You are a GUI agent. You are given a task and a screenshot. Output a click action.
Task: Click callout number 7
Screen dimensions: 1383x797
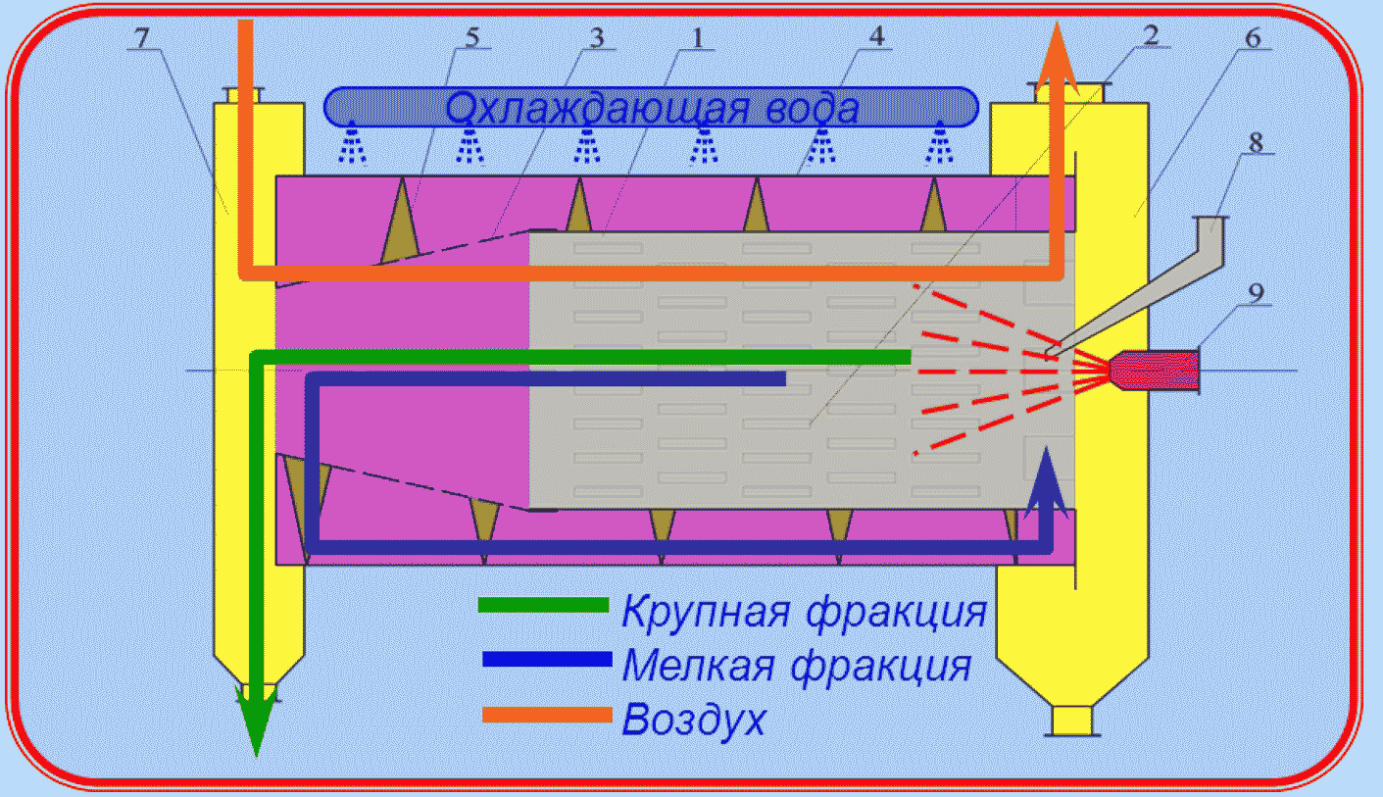tap(142, 38)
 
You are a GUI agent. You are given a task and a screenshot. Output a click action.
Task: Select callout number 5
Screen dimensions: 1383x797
tap(471, 37)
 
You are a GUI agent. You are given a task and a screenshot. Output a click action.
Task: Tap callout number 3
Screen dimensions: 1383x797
tap(596, 38)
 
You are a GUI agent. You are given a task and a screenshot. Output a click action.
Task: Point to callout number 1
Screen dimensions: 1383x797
tap(698, 38)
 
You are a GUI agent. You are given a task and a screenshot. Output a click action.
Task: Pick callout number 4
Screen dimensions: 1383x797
tap(876, 36)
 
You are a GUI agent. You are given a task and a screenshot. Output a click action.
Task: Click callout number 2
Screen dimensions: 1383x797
tap(1151, 35)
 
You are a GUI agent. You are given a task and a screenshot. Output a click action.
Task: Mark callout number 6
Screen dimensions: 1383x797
tap(1254, 38)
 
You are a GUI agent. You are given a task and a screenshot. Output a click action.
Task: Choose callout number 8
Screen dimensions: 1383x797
tap(1256, 142)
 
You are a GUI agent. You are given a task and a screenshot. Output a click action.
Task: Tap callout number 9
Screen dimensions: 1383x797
tap(1256, 294)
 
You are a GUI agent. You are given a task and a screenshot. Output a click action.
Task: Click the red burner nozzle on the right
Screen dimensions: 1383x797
tap(1154, 370)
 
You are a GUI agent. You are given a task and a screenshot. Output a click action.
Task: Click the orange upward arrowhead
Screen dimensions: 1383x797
tap(1057, 59)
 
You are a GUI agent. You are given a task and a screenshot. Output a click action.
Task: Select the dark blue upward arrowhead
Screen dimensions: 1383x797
tap(1046, 482)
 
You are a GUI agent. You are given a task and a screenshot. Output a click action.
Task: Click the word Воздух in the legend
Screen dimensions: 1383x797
tap(694, 720)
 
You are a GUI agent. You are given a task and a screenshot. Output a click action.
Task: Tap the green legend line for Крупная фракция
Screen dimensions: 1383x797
tap(544, 605)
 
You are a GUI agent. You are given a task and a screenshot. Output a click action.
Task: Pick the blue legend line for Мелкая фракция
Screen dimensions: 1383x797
tap(547, 659)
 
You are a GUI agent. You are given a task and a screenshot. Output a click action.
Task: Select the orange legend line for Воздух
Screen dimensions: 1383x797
tap(547, 715)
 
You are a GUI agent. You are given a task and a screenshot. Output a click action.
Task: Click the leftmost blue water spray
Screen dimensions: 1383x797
tap(352, 143)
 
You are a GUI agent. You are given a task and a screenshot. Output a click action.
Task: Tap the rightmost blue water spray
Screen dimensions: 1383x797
tap(940, 143)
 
